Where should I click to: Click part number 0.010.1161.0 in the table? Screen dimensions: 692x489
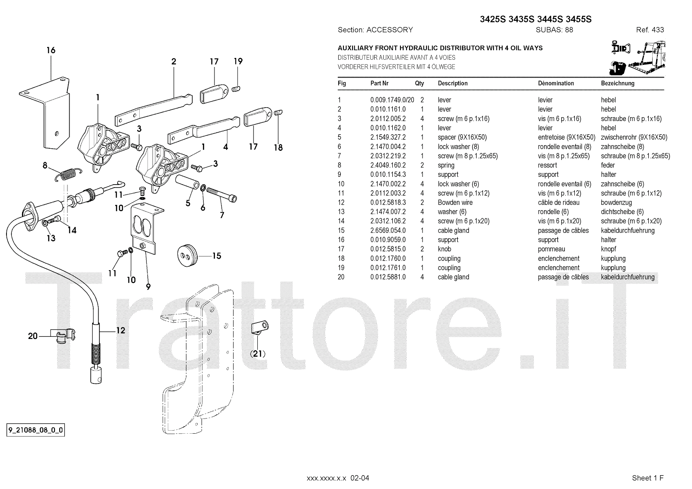coord(388,109)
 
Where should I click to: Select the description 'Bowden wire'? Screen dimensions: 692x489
coord(455,202)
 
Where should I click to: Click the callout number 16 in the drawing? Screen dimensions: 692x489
coord(51,50)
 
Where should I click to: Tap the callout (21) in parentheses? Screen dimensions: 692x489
coord(258,354)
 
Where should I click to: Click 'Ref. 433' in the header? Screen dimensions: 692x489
coord(650,30)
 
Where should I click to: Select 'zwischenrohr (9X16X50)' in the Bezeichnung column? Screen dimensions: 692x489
coord(634,137)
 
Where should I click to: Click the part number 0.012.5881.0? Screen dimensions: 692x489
coord(388,277)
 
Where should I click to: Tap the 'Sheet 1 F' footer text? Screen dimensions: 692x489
coord(647,478)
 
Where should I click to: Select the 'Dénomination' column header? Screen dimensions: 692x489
coord(556,83)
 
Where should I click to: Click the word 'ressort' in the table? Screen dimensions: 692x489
coord(547,165)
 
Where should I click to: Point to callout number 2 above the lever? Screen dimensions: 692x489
coord(173,61)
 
